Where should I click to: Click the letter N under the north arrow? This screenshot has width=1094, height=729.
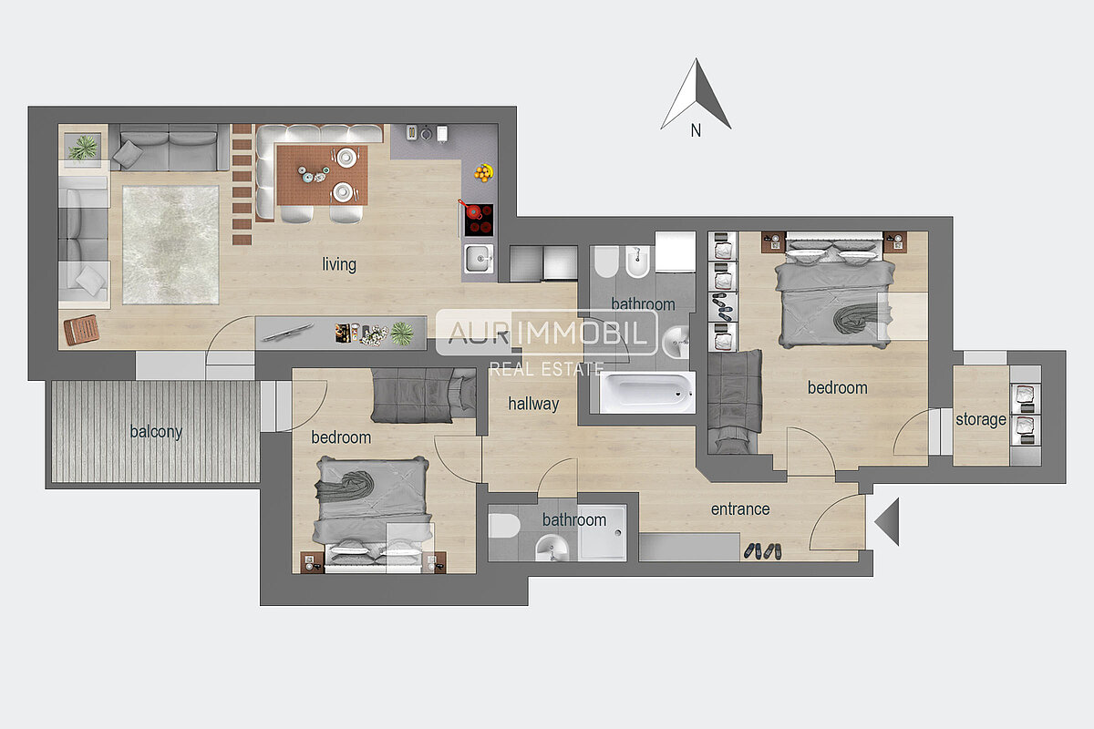click(x=696, y=130)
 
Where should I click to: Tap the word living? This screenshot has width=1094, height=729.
click(x=339, y=264)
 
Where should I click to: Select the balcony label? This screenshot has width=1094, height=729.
click(x=156, y=432)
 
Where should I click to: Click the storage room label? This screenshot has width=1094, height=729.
click(x=981, y=419)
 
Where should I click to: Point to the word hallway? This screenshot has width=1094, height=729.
click(x=533, y=404)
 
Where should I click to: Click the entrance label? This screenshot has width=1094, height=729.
click(x=740, y=509)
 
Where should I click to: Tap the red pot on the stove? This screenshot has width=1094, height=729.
click(x=472, y=210)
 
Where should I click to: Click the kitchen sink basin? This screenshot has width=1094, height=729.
click(x=479, y=258)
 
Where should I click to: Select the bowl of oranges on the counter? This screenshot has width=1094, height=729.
click(x=484, y=173)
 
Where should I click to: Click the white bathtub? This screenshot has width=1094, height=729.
click(x=647, y=392)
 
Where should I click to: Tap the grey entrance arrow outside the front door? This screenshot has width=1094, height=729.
click(x=887, y=521)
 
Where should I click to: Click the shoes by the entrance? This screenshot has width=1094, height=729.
click(x=762, y=551)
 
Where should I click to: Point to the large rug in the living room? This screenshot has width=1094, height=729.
click(x=170, y=244)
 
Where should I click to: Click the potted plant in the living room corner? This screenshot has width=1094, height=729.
click(x=83, y=147)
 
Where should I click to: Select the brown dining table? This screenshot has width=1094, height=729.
click(x=322, y=175)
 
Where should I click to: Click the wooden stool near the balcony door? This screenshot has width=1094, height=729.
click(x=81, y=330)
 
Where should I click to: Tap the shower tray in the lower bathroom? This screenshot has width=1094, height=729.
click(x=602, y=532)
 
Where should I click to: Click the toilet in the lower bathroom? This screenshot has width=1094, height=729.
click(x=504, y=526)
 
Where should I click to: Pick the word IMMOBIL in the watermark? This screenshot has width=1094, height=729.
click(x=582, y=333)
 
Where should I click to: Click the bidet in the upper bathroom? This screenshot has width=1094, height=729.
click(x=637, y=262)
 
